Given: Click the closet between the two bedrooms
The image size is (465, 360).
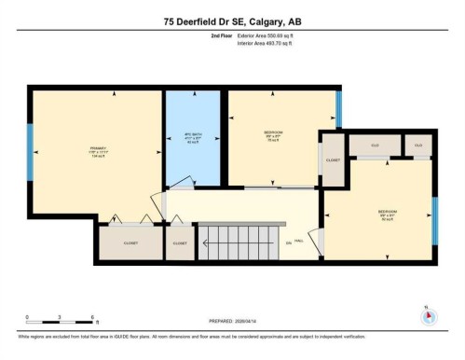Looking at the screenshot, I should [x=333, y=159].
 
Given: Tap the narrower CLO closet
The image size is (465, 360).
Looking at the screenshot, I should [x=418, y=145].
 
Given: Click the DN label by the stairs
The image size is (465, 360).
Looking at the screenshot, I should [x=289, y=242].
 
